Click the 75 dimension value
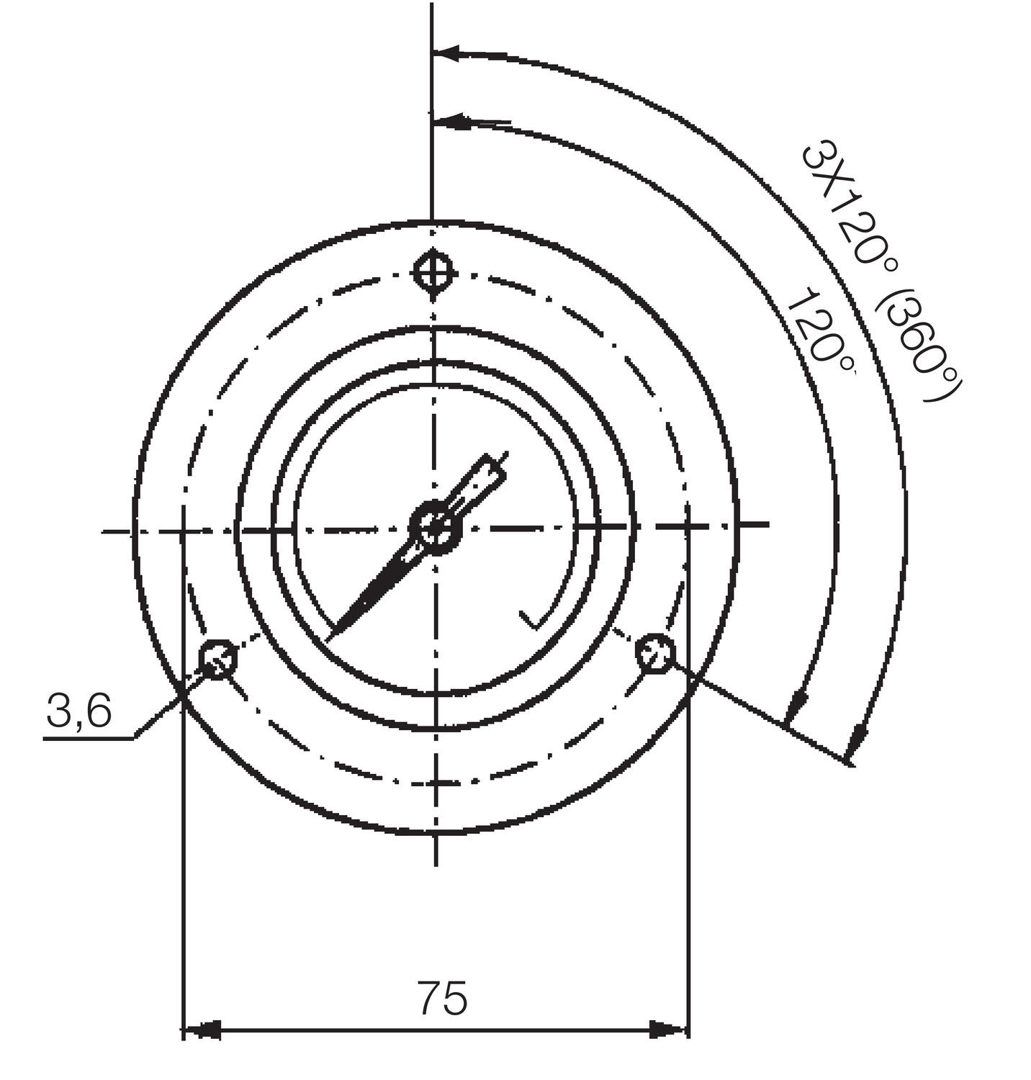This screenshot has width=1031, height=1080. click(x=442, y=997)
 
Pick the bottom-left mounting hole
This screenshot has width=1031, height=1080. click(x=218, y=657)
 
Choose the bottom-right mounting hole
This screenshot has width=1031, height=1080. click(x=655, y=652)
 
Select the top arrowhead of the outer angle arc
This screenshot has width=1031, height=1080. click(x=446, y=53)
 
